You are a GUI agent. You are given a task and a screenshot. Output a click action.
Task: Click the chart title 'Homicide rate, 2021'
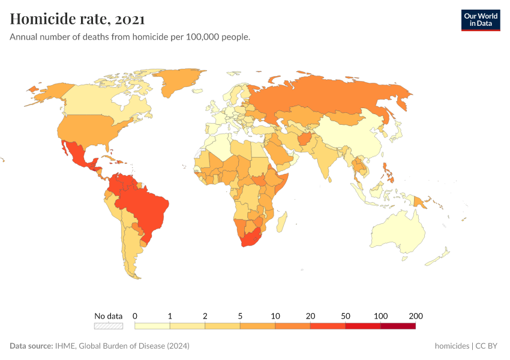pos(77,19)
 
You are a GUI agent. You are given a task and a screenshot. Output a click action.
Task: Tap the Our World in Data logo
pos(480,20)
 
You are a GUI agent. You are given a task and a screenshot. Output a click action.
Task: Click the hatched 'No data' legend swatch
pos(108,326)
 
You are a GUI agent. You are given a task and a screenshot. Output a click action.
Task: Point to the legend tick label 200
pos(416,316)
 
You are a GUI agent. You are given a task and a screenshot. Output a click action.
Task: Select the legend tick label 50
pos(346,316)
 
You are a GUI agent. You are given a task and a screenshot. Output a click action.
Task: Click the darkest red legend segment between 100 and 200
pos(398,326)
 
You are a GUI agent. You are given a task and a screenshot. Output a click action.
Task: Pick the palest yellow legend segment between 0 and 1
pos(152,326)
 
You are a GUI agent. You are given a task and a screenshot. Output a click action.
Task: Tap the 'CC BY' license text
pos(488,346)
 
